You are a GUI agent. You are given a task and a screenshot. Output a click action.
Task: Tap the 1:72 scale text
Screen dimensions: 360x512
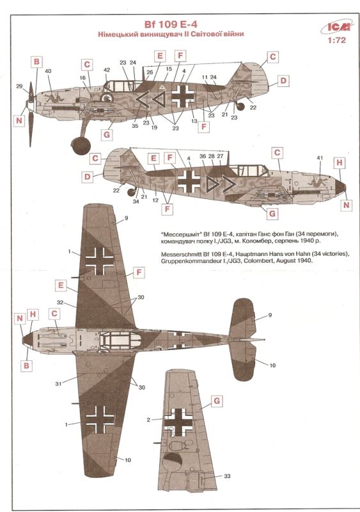click(337, 40)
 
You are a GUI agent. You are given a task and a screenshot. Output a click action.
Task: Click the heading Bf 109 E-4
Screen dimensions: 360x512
click(171, 24)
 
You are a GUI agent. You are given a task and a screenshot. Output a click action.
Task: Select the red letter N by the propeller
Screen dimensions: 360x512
click(19, 120)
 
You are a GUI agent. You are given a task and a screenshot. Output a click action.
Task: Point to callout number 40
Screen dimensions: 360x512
click(48, 71)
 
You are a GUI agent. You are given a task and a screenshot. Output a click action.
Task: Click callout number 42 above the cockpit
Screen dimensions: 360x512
click(107, 70)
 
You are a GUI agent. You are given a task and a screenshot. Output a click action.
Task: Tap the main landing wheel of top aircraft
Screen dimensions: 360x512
click(81, 146)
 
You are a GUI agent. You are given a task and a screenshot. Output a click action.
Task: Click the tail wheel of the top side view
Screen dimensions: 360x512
click(240, 106)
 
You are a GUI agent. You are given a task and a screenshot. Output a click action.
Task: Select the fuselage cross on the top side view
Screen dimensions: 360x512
click(183, 96)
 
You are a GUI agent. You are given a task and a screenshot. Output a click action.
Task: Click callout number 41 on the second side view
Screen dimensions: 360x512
click(320, 158)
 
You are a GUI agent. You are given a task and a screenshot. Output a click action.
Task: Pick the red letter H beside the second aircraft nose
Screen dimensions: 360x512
click(340, 163)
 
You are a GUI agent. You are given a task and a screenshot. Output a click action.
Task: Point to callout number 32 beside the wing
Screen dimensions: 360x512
click(59, 302)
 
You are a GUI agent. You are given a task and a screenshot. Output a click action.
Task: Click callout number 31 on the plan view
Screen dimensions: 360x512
click(58, 384)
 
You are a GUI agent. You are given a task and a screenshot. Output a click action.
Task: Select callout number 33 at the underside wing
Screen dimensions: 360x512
click(227, 476)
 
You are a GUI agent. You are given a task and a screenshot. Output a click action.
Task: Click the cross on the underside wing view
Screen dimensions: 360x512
click(178, 422)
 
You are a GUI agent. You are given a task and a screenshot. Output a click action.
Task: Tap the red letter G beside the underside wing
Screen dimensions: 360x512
click(217, 401)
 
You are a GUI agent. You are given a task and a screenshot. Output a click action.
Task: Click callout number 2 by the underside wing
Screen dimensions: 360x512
click(148, 420)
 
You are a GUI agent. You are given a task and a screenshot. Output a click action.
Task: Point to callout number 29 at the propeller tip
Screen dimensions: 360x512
click(19, 86)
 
